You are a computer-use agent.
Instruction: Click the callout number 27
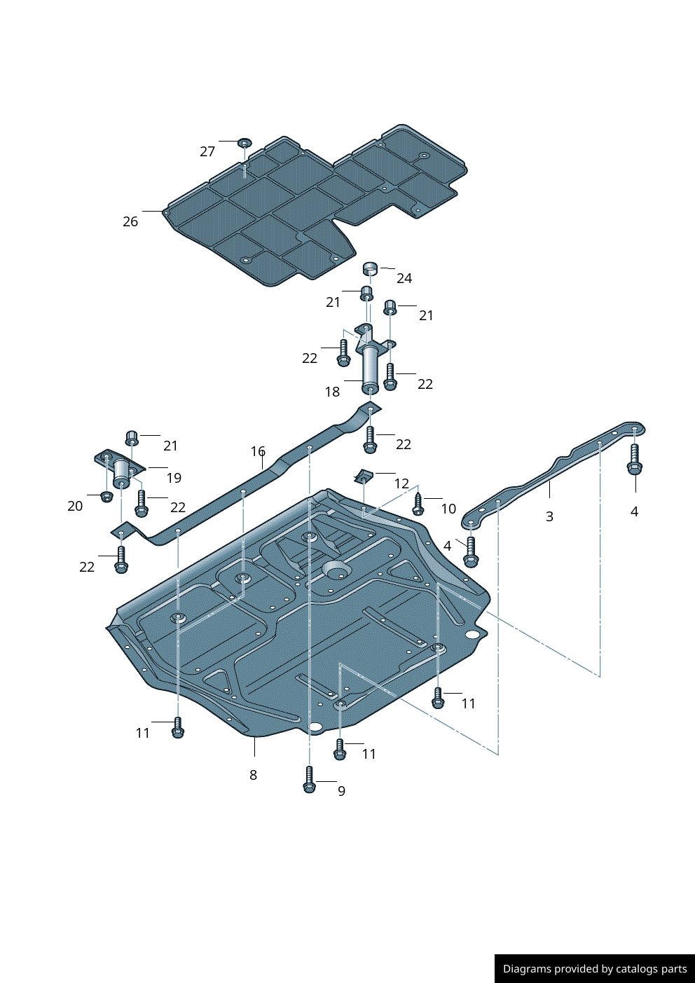pos(207,151)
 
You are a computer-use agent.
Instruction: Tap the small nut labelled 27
pos(244,143)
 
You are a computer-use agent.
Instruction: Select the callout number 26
pos(130,221)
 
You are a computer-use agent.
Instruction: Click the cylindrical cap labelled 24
pos(370,268)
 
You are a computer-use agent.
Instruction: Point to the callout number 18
pos(332,392)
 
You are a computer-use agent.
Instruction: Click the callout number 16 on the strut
pos(258,451)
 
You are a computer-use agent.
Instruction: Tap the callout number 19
pos(174,478)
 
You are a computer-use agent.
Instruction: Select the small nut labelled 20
pos(106,497)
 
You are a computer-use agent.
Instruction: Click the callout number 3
pos(549,516)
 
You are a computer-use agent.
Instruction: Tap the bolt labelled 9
pos(309,780)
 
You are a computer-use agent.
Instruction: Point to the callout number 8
pos(253,775)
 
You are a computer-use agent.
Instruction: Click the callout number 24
pos(404,278)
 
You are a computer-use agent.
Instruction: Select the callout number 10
pos(448,509)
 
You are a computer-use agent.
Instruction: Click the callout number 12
pos(401,483)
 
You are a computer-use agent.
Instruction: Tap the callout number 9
pos(341,791)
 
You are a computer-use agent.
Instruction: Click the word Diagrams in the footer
pos(526,969)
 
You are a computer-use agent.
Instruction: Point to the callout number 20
pos(75,506)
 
